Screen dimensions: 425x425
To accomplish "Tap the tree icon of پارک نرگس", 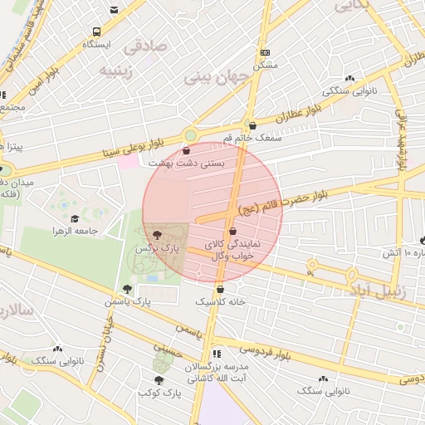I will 157,235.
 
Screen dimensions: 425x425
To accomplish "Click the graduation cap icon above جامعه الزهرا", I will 75,218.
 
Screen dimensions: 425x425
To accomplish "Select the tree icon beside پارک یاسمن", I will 126,289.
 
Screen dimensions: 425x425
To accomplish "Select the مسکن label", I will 266,64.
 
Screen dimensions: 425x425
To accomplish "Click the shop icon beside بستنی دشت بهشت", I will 185,152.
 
